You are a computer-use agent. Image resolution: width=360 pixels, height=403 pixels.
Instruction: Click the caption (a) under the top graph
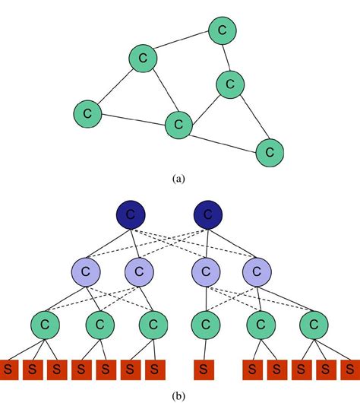click(x=178, y=179)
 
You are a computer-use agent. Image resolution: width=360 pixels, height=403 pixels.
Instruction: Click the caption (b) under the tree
click(x=178, y=395)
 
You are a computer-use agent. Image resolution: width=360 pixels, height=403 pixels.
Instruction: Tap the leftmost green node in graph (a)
click(x=88, y=114)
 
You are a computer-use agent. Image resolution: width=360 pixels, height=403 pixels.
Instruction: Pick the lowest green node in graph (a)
click(x=269, y=151)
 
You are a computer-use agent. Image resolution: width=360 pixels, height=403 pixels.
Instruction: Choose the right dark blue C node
click(x=207, y=215)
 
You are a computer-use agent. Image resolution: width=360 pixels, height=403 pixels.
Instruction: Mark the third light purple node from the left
click(x=204, y=270)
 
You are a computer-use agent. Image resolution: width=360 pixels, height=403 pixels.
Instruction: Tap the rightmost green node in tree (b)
click(x=312, y=325)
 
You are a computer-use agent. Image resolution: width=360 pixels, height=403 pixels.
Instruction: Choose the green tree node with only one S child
click(x=203, y=325)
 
